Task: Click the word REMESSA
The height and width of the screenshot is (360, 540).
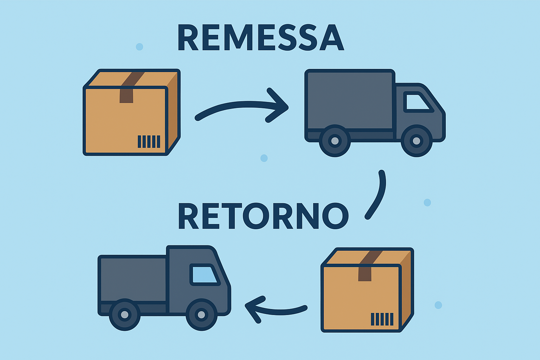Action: point(261,38)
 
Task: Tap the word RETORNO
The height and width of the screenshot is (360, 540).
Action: point(263,216)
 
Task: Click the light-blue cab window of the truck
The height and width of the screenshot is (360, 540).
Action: point(204,275)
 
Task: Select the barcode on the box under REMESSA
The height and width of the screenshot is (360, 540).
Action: point(149,141)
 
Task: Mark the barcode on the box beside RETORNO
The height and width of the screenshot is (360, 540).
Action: point(382,319)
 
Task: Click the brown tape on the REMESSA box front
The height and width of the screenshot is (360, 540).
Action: point(126,96)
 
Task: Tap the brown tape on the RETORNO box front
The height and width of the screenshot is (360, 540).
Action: point(365,274)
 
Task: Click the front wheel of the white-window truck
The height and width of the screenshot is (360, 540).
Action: point(416,141)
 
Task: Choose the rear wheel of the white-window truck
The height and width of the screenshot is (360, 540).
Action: point(335,141)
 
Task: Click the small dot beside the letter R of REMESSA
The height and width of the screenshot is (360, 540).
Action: point(139,47)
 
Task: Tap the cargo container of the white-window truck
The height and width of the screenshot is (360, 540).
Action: point(349,101)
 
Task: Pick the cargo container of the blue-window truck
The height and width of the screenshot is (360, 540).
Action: point(133,279)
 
